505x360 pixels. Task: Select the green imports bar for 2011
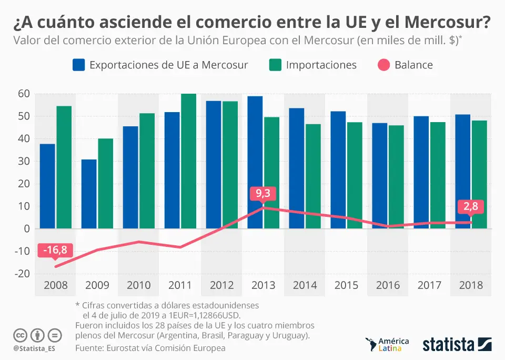pos(188,161)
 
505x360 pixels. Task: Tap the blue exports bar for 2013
pos(255,162)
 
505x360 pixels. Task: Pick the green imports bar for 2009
pos(105,183)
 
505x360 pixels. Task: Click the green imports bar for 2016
pos(397,176)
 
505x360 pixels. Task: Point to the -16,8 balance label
pos(55,250)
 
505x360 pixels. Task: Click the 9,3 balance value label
pos(263,193)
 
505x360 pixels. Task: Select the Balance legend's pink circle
pos(384,65)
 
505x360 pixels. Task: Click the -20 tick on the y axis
pos(21,273)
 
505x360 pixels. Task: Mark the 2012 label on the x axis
pos(221,285)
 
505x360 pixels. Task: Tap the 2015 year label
pos(347,285)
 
